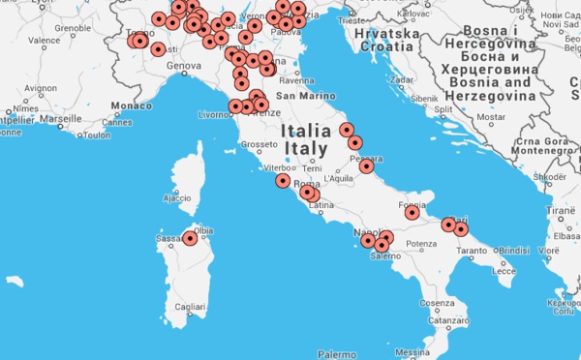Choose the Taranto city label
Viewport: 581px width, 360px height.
click(472, 251)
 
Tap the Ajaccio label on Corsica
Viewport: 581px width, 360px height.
click(177, 198)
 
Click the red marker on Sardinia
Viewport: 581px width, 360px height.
click(191, 237)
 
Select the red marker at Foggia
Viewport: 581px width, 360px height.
click(412, 212)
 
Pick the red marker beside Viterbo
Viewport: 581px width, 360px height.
click(282, 180)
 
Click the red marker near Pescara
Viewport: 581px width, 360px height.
click(366, 165)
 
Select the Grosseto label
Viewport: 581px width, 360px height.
click(259, 145)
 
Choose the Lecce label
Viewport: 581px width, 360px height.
click(504, 271)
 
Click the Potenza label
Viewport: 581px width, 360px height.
click(421, 244)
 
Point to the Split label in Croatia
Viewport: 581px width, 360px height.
click(444, 109)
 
